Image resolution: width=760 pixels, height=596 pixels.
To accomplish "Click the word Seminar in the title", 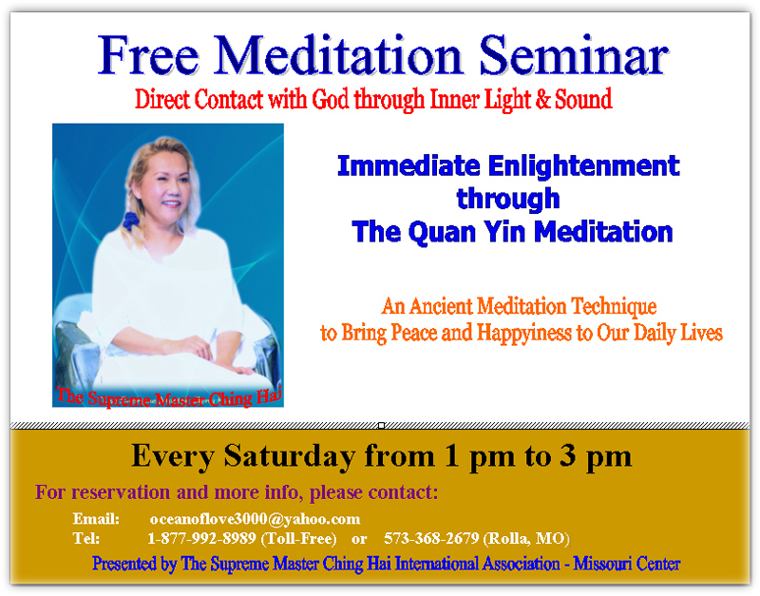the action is point(574,55).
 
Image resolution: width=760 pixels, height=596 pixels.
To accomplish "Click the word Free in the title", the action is point(148,55).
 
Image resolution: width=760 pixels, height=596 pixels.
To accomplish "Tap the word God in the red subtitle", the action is point(330,99).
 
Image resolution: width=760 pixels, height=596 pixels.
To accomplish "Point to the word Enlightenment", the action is point(583,165).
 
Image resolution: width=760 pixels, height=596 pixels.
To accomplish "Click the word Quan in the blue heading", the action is point(442,232).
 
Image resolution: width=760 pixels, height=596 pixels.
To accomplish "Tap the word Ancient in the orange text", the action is point(440,306).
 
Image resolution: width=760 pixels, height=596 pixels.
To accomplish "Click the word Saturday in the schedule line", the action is point(289,456).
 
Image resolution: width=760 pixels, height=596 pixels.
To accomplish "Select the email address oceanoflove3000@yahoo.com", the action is point(255,519).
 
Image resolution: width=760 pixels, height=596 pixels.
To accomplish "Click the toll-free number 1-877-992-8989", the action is point(201,538).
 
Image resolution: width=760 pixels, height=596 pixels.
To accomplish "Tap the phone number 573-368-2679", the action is point(431,538).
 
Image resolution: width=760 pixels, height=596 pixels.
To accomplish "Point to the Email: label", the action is point(96,519).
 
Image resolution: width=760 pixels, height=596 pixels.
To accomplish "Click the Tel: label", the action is point(86,538).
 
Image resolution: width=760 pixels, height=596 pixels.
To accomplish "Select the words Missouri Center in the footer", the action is point(627,564).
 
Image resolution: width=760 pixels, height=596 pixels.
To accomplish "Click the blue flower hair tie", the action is point(130,221).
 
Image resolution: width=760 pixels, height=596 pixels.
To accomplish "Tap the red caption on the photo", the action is point(169,397).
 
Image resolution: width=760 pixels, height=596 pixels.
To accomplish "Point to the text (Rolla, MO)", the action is point(526,538).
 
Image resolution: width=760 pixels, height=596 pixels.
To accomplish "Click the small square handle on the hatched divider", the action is point(382,425).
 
